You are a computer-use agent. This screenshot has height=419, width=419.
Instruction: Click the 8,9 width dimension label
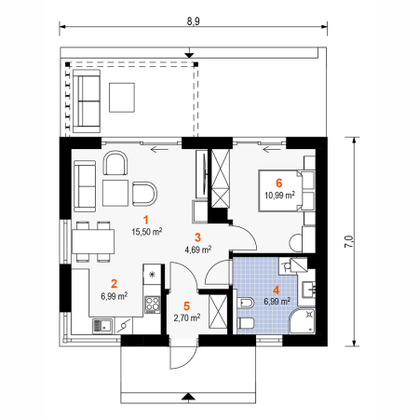193,21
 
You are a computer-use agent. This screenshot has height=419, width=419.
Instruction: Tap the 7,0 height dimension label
349,241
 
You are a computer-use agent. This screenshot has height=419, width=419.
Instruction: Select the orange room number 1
145,220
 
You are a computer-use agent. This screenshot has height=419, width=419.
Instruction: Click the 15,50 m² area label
147,232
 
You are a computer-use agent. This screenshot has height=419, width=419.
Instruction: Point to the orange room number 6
279,183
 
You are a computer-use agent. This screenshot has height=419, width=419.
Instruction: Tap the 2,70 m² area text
187,318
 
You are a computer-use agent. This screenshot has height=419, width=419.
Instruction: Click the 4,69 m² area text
198,250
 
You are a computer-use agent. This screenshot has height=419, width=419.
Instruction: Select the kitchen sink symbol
102,326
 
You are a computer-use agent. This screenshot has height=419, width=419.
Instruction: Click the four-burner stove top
153,304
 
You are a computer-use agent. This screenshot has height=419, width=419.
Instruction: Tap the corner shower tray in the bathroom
303,321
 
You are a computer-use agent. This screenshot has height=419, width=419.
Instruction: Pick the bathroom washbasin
309,289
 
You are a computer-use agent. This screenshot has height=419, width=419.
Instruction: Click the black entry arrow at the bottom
188,396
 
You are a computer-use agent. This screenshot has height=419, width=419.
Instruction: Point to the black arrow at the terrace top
189,55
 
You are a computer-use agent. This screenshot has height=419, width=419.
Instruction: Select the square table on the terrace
122,97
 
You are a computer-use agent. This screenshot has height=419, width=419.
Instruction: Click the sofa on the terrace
87,101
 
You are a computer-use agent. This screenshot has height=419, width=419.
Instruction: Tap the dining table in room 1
93,241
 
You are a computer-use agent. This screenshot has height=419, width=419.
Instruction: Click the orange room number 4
276,291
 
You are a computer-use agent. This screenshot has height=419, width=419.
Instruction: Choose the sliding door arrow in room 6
272,150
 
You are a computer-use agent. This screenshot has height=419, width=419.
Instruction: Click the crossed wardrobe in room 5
218,311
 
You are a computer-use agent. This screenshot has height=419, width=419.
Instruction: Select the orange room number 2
114,283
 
